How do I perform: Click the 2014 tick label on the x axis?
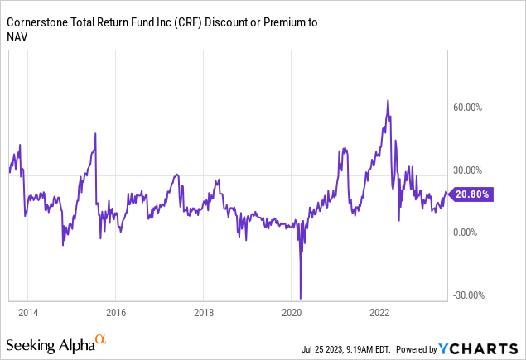pos(27,314)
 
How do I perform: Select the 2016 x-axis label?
pos(115,314)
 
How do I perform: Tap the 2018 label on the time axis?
pos(203,314)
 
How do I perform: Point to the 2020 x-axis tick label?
pos(292,314)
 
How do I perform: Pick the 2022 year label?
pos(379,314)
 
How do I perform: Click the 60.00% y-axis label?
pos(470,108)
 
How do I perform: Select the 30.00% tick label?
pos(470,170)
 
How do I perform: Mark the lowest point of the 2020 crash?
pos(301,298)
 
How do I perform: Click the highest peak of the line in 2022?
pos(388,100)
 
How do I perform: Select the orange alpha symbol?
pos(100,338)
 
